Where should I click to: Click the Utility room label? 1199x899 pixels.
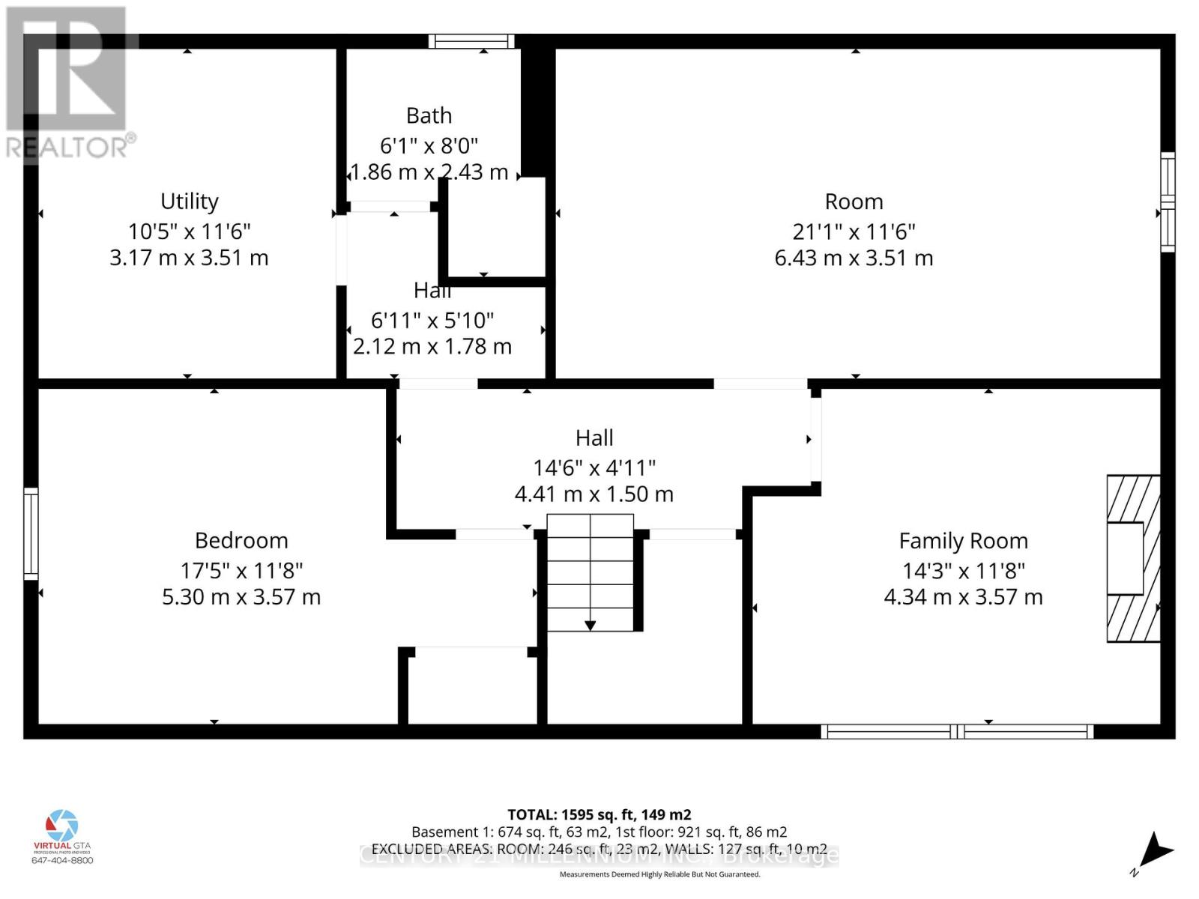pos(190,202)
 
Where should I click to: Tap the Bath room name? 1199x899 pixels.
pos(429,115)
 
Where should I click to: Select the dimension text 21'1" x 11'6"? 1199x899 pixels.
pos(854,231)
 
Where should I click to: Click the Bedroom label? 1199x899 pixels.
pos(241,540)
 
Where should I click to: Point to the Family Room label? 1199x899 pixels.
pos(963,541)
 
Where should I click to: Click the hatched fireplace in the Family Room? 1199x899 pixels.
pos(1133,558)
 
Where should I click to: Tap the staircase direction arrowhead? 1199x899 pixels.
pos(590,625)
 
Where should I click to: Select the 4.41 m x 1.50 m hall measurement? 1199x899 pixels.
pos(594,494)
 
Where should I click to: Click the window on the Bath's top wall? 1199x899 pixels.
pos(471,41)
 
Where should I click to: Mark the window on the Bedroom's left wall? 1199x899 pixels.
pos(31,533)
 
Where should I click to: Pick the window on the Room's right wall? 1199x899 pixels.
pos(1168,202)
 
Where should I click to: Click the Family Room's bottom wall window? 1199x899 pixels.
pos(957,731)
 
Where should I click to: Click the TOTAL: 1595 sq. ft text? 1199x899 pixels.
pos(599,814)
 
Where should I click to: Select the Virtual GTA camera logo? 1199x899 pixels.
pos(61,826)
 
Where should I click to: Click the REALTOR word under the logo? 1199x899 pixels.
pos(67,147)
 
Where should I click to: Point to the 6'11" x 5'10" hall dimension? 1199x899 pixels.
pos(432,321)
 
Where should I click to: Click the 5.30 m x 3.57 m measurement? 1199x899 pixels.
pos(241,597)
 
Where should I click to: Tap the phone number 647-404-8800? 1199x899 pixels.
pos(62,860)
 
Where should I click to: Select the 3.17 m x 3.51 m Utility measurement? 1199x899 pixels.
pos(189,258)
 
